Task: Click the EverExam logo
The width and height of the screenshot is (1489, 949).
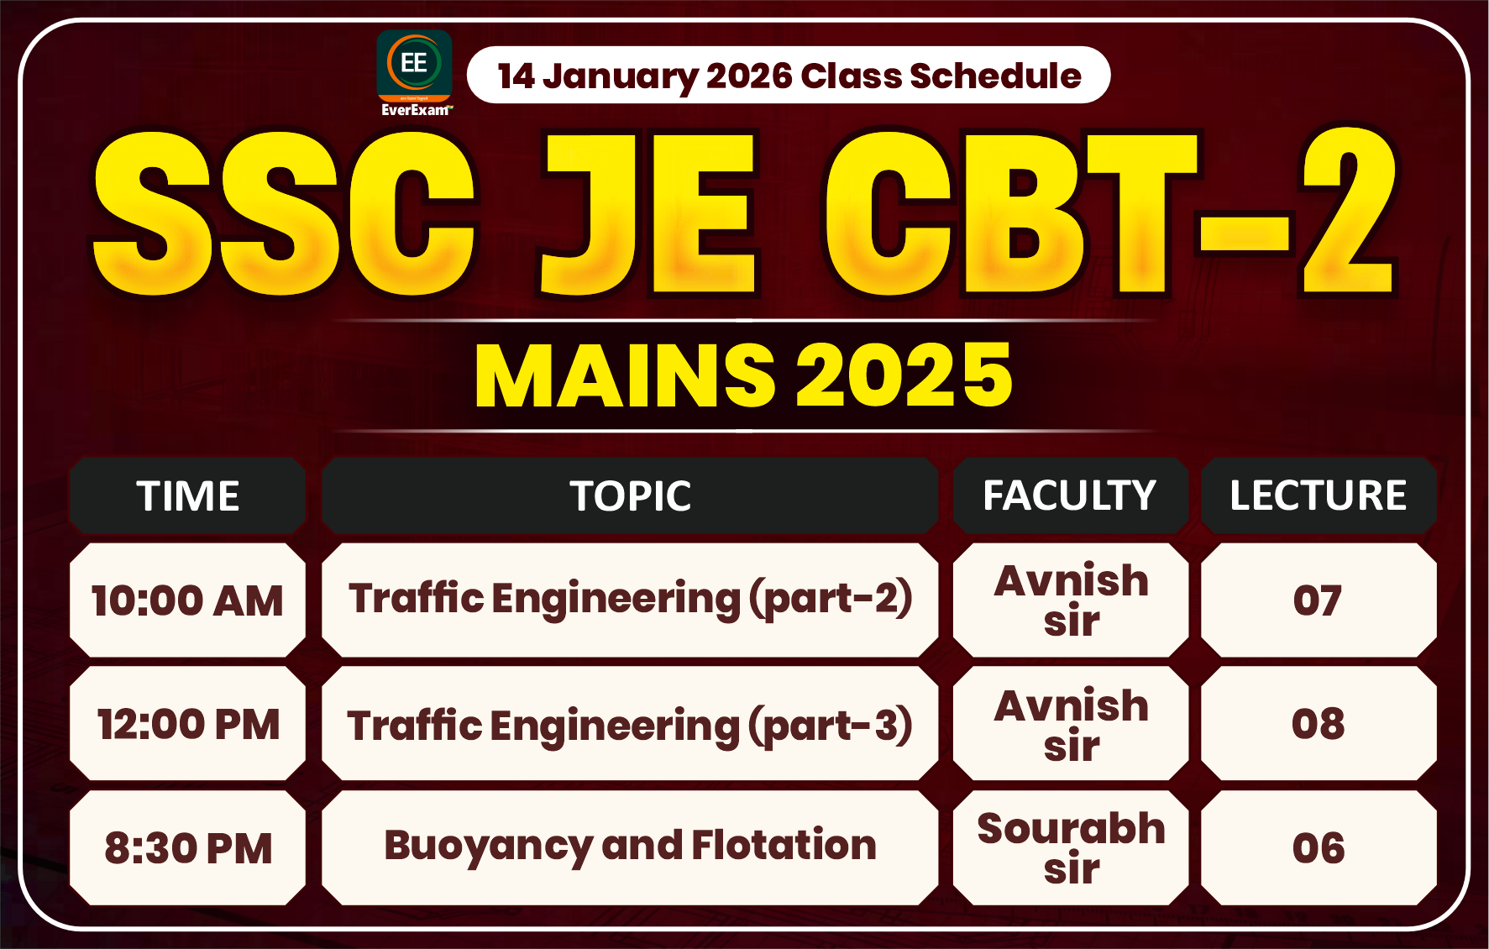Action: click(414, 72)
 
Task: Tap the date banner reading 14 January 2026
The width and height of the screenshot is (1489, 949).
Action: click(788, 76)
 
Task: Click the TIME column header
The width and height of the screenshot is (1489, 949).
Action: click(187, 495)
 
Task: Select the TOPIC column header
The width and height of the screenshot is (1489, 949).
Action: click(630, 495)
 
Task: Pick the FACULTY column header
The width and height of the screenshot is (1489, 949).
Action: click(1070, 495)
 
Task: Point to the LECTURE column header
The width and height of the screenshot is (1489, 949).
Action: click(1318, 495)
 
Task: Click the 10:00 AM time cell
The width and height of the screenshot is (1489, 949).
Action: click(187, 600)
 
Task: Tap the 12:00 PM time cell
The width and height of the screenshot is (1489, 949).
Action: click(187, 724)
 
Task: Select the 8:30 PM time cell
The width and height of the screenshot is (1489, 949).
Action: click(187, 847)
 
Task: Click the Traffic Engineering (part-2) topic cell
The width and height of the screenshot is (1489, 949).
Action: click(630, 600)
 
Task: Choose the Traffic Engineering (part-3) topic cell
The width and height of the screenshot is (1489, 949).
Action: click(630, 724)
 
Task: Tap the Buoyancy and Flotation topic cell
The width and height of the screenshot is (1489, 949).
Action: click(630, 846)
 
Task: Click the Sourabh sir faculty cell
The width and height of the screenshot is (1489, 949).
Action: click(1071, 847)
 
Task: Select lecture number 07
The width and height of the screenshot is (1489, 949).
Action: click(1318, 600)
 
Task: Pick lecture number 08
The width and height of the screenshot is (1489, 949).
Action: click(1318, 724)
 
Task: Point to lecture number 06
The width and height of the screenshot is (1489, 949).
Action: click(1318, 847)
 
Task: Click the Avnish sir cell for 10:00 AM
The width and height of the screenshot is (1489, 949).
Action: click(1071, 600)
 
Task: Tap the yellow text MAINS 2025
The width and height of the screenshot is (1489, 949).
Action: click(743, 375)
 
